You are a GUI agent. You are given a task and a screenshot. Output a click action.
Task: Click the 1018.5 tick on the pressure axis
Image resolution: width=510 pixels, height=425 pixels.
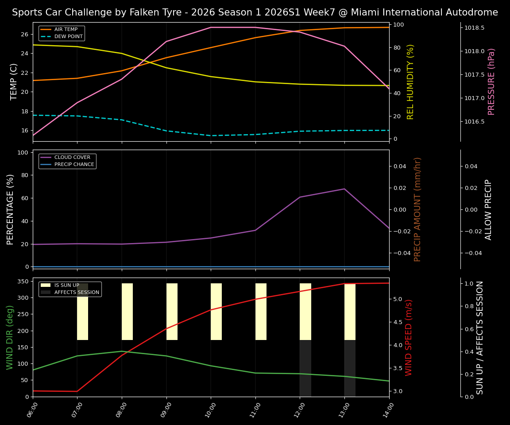click(474, 28)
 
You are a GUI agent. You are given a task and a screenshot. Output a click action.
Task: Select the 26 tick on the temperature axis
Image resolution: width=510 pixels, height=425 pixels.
click(25, 34)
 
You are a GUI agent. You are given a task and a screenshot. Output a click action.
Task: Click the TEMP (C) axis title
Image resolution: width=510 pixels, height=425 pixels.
click(14, 81)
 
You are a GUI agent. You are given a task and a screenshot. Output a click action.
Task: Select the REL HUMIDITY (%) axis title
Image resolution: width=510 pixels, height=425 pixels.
click(410, 81)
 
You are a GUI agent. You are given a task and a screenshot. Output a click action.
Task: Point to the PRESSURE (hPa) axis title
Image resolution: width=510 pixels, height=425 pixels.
click(491, 81)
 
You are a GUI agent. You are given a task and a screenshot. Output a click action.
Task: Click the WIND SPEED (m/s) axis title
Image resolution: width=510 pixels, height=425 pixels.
click(409, 337)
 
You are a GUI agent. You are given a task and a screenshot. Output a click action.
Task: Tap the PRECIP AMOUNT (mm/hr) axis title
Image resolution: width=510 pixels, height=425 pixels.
click(417, 209)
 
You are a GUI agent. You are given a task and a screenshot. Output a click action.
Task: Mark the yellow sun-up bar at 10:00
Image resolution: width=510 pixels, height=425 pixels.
click(216, 312)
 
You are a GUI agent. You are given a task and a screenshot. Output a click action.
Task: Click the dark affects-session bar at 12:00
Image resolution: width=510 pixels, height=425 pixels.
click(305, 368)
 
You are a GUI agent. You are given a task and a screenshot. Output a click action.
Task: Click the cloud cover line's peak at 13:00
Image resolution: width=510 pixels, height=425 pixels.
click(344, 189)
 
